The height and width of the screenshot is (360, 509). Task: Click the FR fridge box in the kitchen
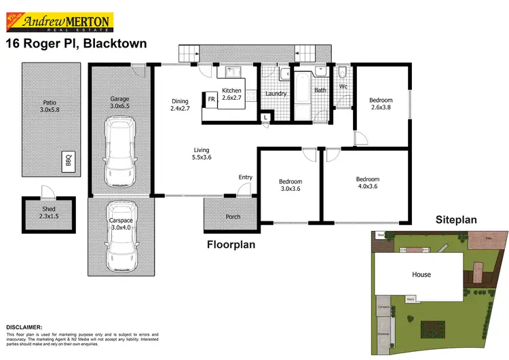pos(211,100)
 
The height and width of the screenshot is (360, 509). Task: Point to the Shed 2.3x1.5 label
pos(41,212)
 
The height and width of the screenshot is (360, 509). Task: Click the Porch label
pos(232,217)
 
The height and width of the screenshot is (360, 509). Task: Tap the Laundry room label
pos(276,94)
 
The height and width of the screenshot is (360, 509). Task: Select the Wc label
pos(343,87)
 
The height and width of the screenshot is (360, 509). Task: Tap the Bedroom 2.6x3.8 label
pos(380,103)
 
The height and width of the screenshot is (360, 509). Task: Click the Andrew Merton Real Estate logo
pos(62,22)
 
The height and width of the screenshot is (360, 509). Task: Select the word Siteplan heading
pos(457,220)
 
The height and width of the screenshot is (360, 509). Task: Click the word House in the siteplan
pos(420,274)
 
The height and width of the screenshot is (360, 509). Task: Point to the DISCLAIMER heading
pos(24,327)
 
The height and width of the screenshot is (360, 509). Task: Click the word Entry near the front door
pos(246,177)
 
